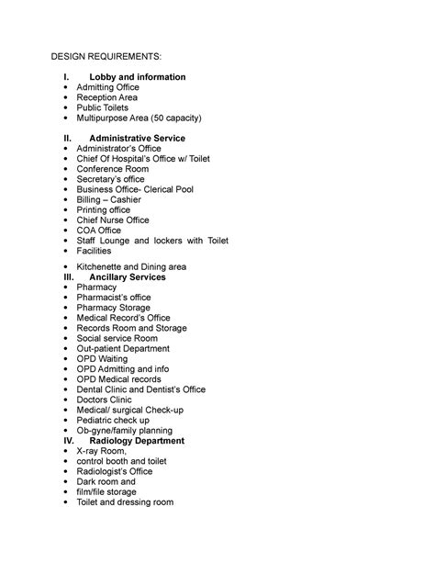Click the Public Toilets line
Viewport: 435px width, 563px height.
pyautogui.click(x=104, y=107)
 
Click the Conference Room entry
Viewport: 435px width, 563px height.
pyautogui.click(x=115, y=168)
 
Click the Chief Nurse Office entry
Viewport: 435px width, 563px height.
pyautogui.click(x=113, y=220)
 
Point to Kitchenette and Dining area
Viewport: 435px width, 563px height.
pyautogui.click(x=131, y=266)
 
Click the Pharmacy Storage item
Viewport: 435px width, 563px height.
pyautogui.click(x=114, y=308)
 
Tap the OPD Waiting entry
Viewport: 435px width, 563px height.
pyautogui.click(x=104, y=359)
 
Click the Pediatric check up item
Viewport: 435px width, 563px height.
pyautogui.click(x=113, y=420)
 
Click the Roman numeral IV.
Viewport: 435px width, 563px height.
pyautogui.click(x=67, y=441)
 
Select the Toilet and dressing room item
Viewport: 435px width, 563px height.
pyautogui.click(x=125, y=502)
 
